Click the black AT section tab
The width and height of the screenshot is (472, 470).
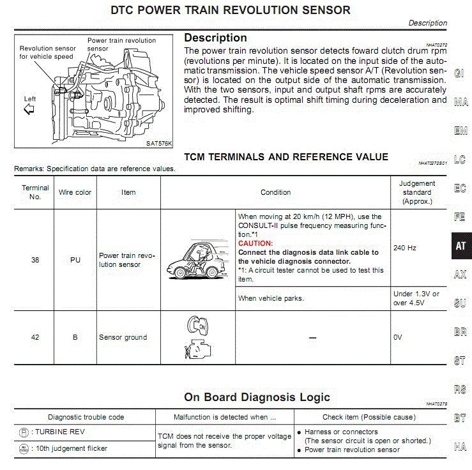pyautogui.click(x=462, y=246)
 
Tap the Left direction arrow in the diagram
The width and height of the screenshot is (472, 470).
pyautogui.click(x=29, y=109)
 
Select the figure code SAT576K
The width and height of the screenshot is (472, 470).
pyautogui.click(x=159, y=144)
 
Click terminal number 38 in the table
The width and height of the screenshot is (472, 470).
pyautogui.click(x=35, y=260)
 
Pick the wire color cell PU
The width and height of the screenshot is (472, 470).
pyautogui.click(x=75, y=260)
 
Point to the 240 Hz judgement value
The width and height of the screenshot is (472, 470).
pyautogui.click(x=404, y=248)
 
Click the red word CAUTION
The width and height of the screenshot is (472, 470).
pyautogui.click(x=255, y=243)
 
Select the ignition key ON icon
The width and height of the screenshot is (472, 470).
pyautogui.click(x=197, y=325)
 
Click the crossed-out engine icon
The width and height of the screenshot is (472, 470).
pyautogui.click(x=198, y=349)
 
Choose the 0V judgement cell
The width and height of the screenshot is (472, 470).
pyautogui.click(x=398, y=337)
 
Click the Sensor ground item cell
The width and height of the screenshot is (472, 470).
pyautogui.click(x=123, y=337)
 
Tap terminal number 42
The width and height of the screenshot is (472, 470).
pyautogui.click(x=35, y=337)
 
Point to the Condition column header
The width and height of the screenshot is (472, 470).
pyautogui.click(x=275, y=192)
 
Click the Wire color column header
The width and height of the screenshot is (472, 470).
pyautogui.click(x=75, y=192)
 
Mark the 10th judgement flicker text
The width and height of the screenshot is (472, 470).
pyautogui.click(x=72, y=448)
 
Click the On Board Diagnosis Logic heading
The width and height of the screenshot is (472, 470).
pyautogui.click(x=257, y=397)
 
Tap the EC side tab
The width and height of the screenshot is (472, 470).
pyautogui.click(x=460, y=188)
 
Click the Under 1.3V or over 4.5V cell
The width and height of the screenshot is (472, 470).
pyautogui.click(x=416, y=298)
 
